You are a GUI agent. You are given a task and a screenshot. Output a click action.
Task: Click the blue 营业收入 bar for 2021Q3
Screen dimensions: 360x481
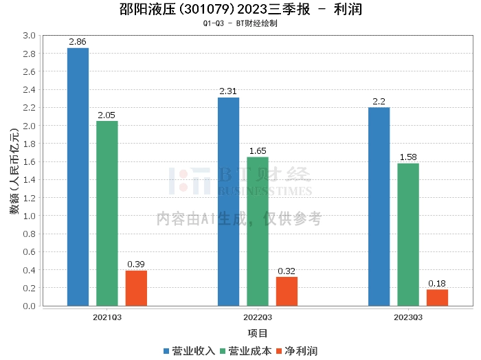78,177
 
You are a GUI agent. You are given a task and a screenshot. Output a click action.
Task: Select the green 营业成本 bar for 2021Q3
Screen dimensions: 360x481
107,213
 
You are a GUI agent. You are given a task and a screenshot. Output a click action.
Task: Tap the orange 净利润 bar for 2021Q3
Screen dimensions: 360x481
136,288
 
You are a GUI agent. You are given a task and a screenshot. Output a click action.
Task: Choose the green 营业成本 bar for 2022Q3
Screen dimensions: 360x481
258,231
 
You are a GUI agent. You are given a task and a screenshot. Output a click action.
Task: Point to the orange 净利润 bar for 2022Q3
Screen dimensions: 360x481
287,291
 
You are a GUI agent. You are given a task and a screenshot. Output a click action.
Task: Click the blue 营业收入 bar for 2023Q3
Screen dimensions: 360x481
379,206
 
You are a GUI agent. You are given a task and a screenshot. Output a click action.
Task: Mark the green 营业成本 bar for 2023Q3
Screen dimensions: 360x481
408,234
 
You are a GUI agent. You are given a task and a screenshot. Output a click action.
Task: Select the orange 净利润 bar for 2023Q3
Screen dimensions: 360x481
437,297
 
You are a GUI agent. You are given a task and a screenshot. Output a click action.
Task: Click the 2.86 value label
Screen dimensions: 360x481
78,42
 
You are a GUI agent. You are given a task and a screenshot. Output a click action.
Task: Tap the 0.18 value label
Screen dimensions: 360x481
437,283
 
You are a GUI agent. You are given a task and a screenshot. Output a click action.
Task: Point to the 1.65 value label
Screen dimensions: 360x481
258,151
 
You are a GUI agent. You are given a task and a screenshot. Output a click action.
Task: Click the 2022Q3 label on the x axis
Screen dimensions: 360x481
258,317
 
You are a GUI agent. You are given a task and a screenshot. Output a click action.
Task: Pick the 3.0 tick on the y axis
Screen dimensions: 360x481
29,35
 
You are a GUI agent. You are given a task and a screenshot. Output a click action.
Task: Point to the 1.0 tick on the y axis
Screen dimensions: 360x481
29,216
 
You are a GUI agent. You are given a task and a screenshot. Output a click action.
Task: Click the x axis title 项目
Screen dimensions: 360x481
258,333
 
